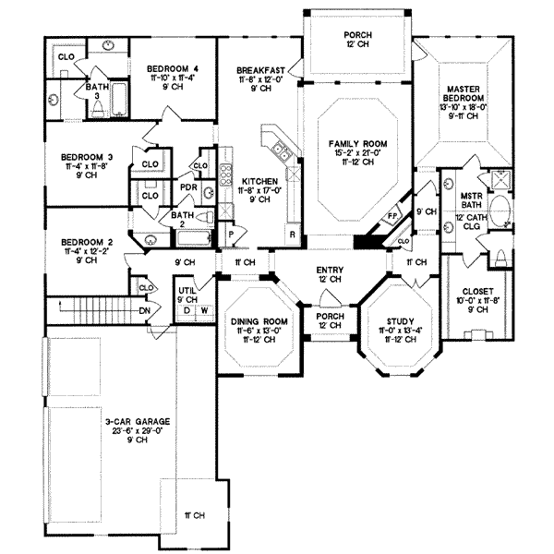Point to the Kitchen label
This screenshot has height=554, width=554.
point(256,181)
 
